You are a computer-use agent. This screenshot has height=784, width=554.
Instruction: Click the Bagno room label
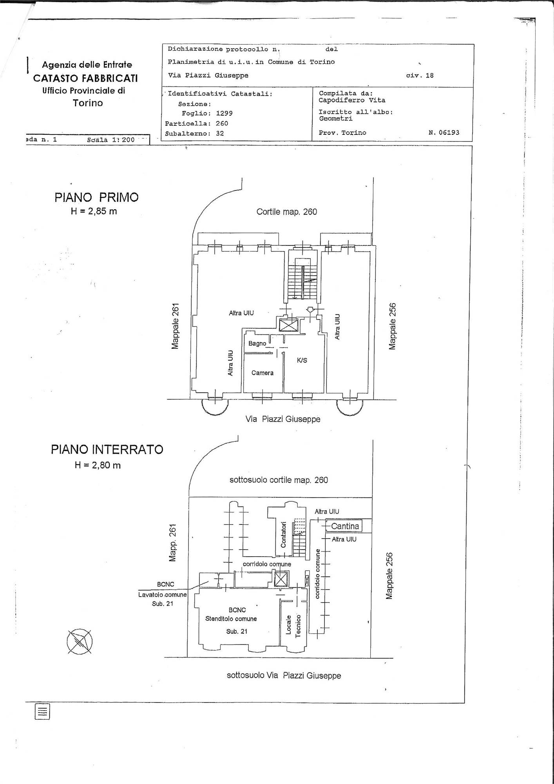click(257, 343)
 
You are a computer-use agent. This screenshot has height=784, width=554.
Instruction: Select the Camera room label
click(263, 373)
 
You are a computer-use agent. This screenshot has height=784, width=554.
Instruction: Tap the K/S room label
click(302, 360)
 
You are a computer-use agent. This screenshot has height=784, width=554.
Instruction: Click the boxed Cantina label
click(345, 526)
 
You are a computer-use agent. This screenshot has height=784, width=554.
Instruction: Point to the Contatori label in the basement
click(284, 534)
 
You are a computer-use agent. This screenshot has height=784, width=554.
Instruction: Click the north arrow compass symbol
click(80, 642)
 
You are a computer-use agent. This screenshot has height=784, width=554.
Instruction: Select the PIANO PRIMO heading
click(96, 197)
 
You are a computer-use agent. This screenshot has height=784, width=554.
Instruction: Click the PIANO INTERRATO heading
click(107, 449)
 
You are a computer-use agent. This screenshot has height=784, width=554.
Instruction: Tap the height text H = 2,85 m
click(94, 211)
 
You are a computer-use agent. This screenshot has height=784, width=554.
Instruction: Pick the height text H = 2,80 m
click(98, 465)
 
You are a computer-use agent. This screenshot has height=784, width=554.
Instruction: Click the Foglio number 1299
click(224, 113)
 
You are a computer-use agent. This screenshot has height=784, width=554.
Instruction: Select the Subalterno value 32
click(220, 133)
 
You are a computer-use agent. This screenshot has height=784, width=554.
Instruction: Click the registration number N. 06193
click(444, 132)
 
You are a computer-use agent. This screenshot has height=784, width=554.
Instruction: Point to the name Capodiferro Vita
click(352, 100)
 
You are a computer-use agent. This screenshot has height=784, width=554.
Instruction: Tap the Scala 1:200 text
click(111, 140)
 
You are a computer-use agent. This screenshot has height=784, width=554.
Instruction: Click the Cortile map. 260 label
click(287, 212)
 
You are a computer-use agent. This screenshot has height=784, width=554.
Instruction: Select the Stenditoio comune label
click(231, 619)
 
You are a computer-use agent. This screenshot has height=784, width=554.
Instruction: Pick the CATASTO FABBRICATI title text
click(85, 78)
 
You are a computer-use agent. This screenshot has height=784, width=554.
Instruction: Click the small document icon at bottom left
click(42, 711)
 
